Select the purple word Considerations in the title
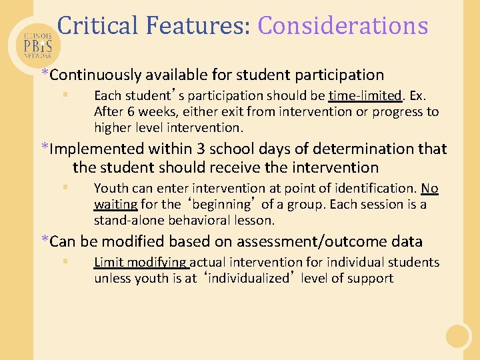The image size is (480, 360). click(x=343, y=26)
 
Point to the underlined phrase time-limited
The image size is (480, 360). click(x=365, y=95)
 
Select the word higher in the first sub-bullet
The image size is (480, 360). click(x=113, y=127)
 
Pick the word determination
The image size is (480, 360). click(x=365, y=149)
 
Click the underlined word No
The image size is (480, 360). click(x=429, y=189)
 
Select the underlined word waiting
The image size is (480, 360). click(x=115, y=205)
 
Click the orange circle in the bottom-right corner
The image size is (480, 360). click(x=459, y=335)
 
